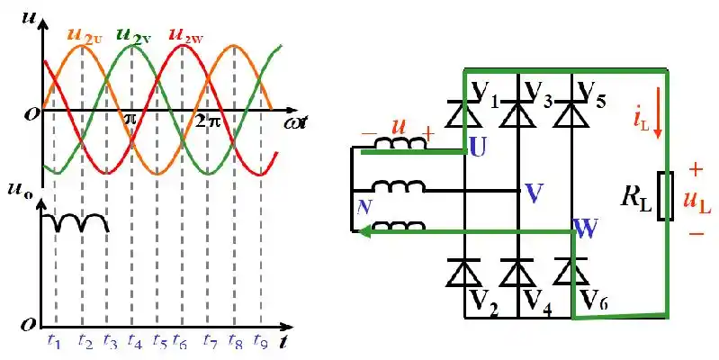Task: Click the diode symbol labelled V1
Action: tap(463, 114)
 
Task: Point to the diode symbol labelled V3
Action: tap(518, 114)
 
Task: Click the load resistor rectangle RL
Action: tap(666, 195)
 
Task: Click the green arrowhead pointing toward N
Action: tap(366, 232)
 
